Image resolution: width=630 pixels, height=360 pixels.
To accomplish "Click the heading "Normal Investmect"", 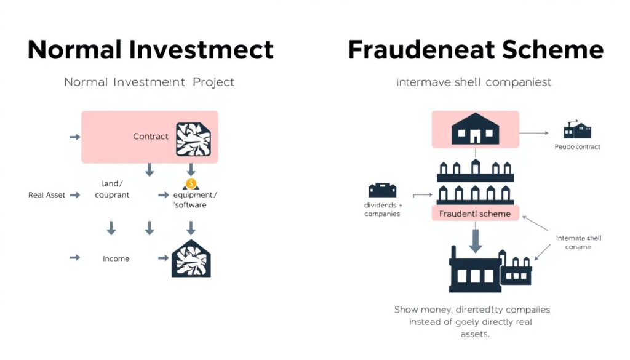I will [x=151, y=49].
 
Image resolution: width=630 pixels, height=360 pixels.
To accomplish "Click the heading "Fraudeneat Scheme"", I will [x=476, y=49].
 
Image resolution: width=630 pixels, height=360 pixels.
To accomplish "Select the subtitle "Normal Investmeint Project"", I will [x=150, y=82].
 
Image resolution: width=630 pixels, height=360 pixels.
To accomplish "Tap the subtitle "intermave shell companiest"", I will [x=474, y=82].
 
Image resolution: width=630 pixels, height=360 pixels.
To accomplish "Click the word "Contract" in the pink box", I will [x=151, y=136].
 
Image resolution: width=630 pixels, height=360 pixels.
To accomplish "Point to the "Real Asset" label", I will [x=46, y=194].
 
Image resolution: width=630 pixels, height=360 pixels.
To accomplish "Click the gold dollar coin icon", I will [x=191, y=183].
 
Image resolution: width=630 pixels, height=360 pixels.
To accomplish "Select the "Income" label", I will [x=116, y=258].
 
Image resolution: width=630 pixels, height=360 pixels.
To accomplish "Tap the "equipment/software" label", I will [x=195, y=199].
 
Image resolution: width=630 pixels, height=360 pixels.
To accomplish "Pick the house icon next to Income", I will [x=191, y=258].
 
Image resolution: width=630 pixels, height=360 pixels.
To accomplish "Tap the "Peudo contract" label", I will [x=577, y=147].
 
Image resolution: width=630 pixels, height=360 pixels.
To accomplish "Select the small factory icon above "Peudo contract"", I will [x=577, y=130].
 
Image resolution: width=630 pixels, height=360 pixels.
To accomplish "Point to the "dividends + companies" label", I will [x=382, y=209].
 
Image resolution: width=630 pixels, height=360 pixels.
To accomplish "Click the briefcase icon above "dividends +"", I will [x=382, y=190].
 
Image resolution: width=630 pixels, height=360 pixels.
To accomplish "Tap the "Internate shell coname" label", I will [x=578, y=242].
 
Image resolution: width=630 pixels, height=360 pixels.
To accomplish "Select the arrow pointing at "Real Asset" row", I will [x=75, y=194].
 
